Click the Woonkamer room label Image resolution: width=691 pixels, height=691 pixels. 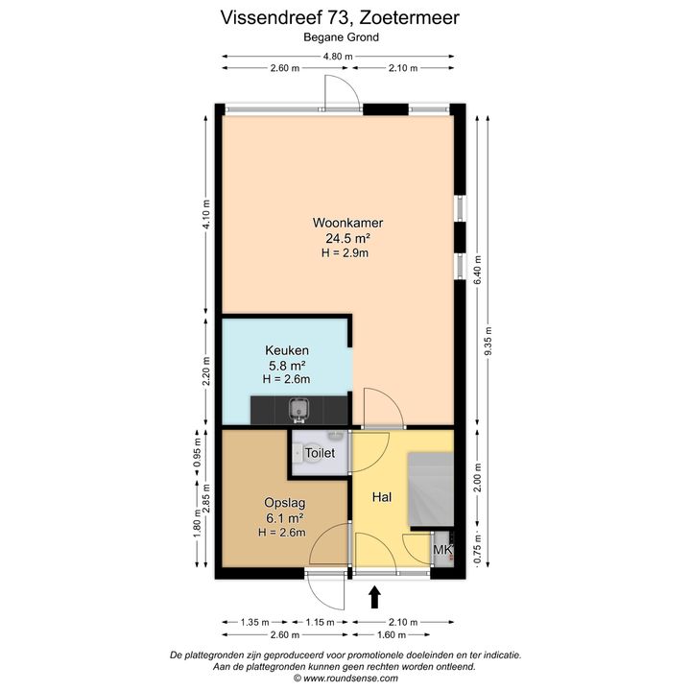(347, 223)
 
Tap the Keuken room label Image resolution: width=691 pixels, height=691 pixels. (286, 350)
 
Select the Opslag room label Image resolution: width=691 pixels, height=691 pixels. (285, 503)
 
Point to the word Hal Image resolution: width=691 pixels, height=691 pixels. (382, 497)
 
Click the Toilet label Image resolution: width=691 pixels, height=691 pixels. (320, 453)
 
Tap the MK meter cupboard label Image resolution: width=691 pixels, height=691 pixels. (442, 550)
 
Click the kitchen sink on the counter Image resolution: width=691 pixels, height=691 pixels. (299, 411)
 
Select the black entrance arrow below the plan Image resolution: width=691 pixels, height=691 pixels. (374, 597)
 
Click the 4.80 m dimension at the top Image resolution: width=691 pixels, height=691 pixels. (338, 57)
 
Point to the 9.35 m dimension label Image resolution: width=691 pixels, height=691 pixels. (488, 343)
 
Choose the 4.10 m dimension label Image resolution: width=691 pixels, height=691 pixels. (205, 214)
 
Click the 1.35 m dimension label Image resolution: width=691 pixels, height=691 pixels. (254, 622)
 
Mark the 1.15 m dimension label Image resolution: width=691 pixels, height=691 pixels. (320, 622)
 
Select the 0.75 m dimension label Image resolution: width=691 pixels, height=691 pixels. (477, 549)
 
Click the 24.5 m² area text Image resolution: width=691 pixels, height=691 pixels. (347, 238)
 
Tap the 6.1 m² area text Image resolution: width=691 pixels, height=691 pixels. (285, 518)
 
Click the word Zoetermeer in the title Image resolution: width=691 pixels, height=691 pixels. (410, 17)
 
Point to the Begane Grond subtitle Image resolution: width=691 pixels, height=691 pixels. (341, 37)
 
